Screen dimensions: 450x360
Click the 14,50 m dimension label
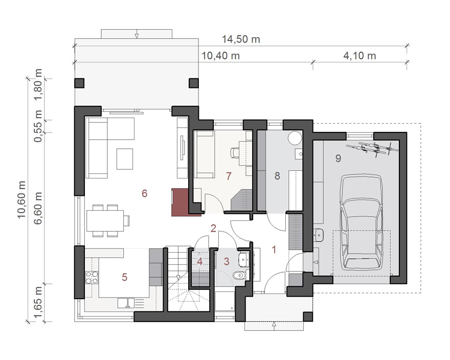click(241, 39)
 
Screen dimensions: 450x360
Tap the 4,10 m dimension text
click(359, 55)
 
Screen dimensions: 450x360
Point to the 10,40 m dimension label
click(221, 55)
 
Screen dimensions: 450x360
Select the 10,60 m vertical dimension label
click(22, 199)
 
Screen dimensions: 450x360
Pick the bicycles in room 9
click(372, 148)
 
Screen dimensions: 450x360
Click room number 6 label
click(144, 193)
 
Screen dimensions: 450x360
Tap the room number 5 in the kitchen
click(124, 277)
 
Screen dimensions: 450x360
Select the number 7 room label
click(229, 176)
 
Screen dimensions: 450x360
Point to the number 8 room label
click(277, 176)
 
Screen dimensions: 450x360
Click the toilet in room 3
click(239, 276)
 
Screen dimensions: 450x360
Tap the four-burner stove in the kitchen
click(92, 277)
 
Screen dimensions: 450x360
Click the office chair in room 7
click(235, 152)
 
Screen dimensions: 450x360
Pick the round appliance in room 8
click(295, 139)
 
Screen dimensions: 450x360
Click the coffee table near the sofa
click(125, 159)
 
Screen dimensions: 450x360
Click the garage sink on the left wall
click(319, 235)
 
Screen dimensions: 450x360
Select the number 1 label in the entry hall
click(274, 250)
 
